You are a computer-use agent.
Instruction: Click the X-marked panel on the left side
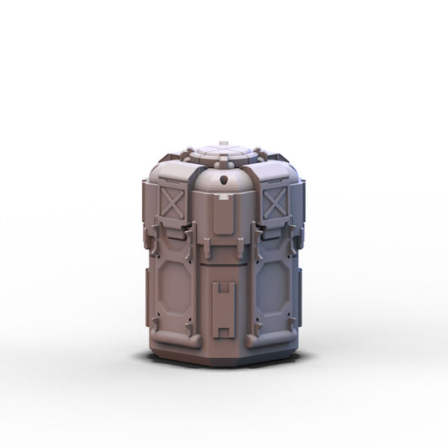click(x=171, y=205)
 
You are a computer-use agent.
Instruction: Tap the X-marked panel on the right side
click(x=276, y=203)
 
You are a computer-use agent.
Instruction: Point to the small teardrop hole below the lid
click(x=224, y=179)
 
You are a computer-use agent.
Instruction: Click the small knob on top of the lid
click(x=224, y=144)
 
